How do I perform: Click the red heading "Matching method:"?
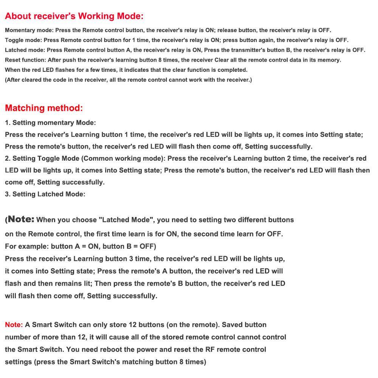(44, 108)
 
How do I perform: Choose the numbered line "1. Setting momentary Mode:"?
(50, 122)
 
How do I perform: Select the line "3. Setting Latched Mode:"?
(45, 194)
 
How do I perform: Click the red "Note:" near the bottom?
(14, 325)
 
